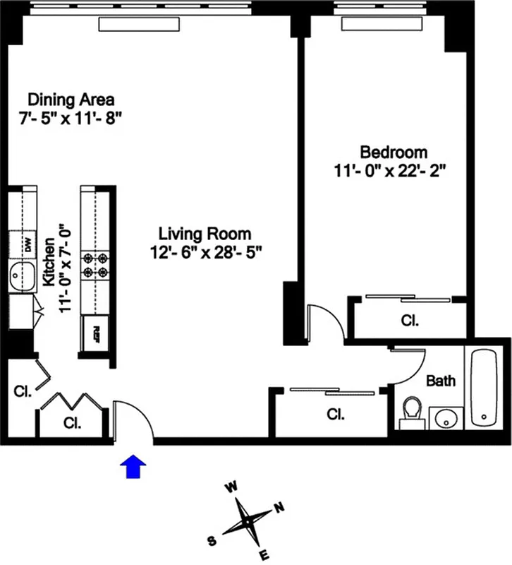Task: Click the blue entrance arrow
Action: click(134, 466)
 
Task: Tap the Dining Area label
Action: click(71, 99)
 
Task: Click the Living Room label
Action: click(205, 233)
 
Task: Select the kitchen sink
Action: click(21, 276)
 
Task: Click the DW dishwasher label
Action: click(28, 245)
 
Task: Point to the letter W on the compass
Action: click(230, 487)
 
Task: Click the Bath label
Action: click(441, 381)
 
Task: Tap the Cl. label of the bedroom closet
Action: click(410, 320)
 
